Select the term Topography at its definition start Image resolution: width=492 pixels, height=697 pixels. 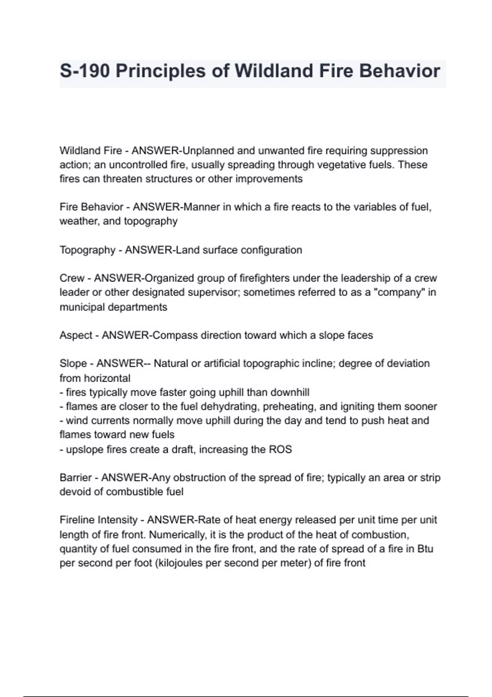pos(87,250)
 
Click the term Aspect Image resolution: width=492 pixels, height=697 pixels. pos(76,335)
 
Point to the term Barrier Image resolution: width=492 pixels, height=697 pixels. pos(75,478)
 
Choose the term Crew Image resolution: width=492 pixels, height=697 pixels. pos(72,278)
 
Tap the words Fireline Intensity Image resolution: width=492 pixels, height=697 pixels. pos(98,520)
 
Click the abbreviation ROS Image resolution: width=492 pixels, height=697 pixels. pos(280,449)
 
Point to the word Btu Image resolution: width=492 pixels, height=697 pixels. pos(425,549)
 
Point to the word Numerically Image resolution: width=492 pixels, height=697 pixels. pos(177,535)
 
